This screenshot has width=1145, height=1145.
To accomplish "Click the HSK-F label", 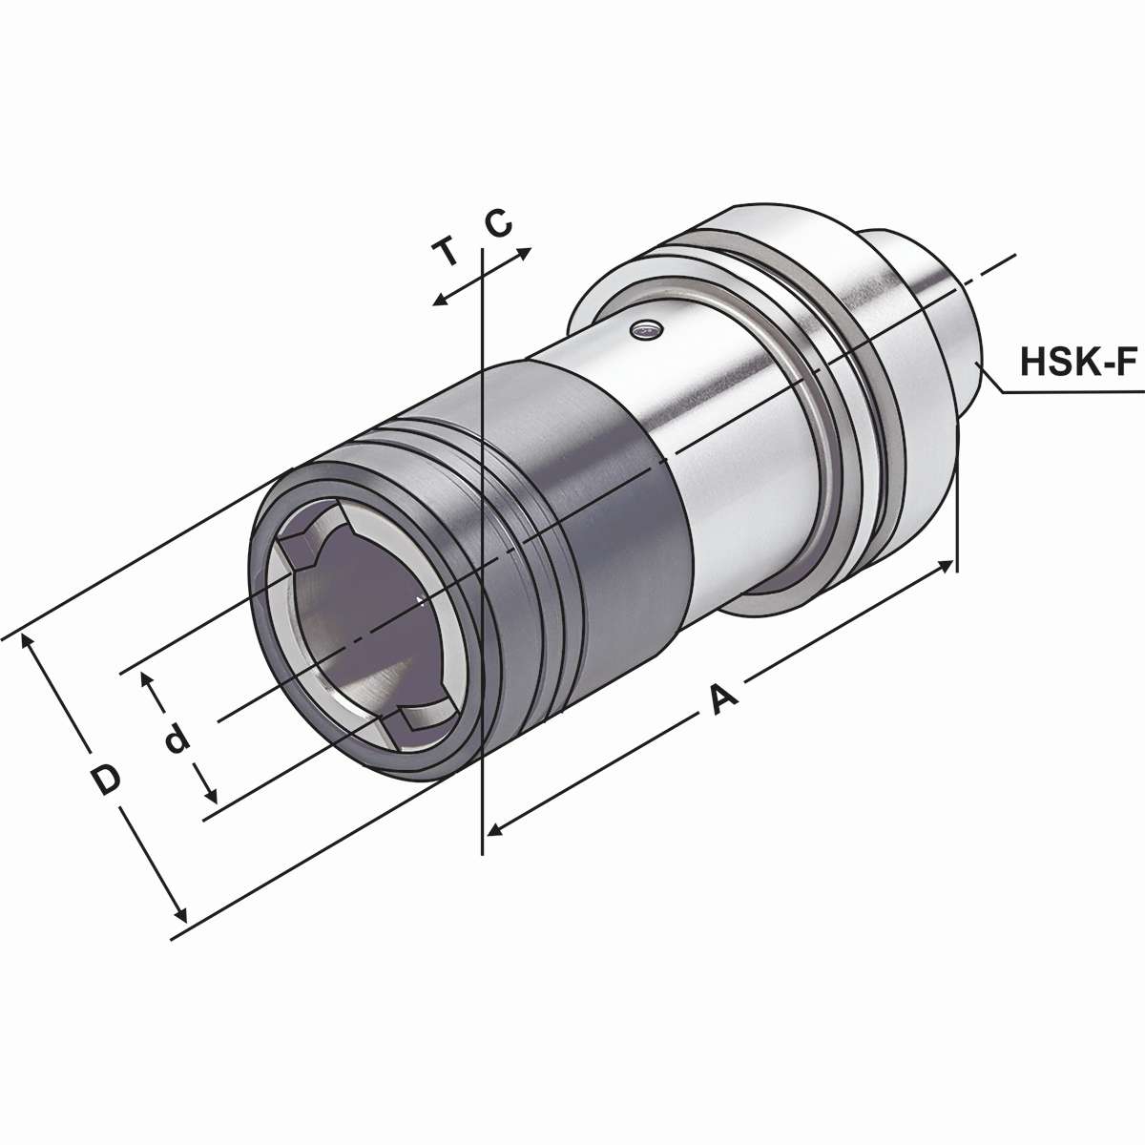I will (x=1078, y=362).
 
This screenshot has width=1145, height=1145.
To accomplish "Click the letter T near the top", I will (x=445, y=253).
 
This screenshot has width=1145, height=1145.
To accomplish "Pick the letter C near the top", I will (x=498, y=223).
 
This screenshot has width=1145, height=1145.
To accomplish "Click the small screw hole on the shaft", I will (x=647, y=330).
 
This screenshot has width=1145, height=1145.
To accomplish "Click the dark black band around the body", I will (x=611, y=534).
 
